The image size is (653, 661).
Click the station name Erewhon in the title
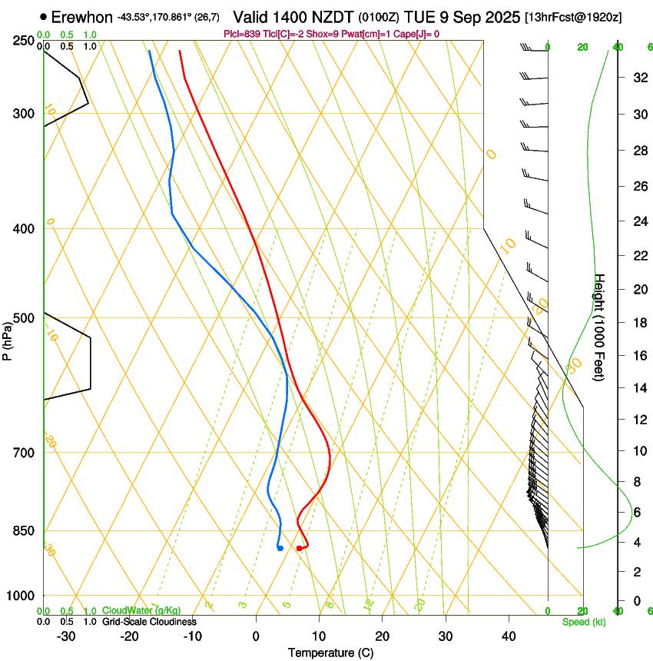[82, 17]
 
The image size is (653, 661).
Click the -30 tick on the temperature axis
[66, 636]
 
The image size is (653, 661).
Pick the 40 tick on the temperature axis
[509, 636]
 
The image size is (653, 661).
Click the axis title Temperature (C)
[330, 653]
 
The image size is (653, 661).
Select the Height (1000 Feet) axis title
[600, 327]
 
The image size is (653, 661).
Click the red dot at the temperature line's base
[299, 548]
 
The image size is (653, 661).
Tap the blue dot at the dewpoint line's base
[280, 548]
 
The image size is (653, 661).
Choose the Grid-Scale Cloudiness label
[149, 622]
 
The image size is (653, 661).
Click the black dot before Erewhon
[43, 16]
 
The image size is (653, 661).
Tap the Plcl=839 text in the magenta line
[241, 34]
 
